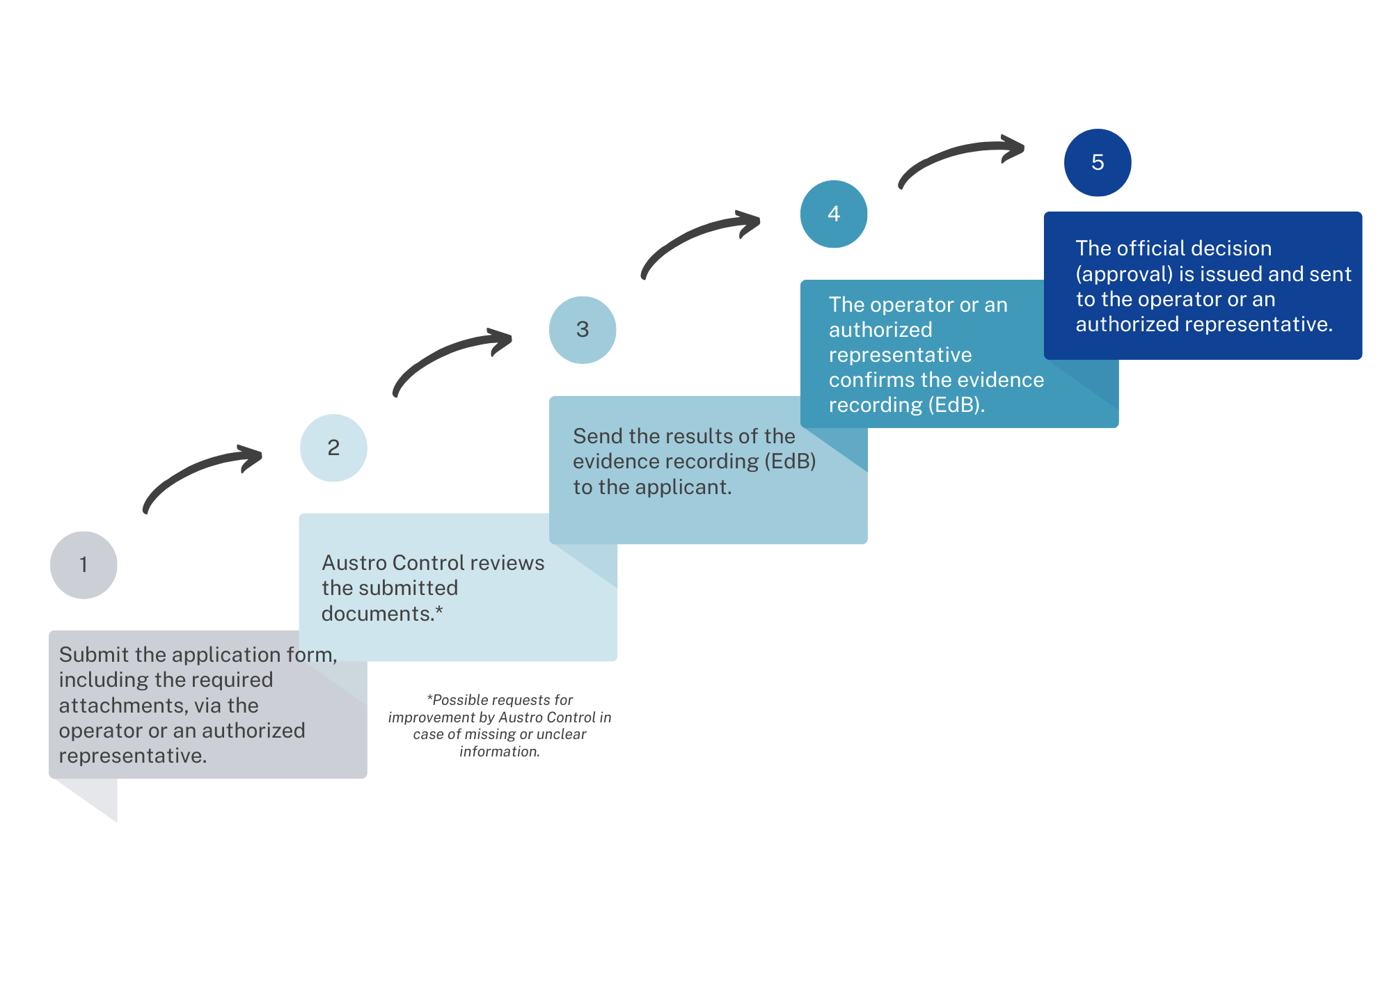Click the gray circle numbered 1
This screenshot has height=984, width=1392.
click(x=84, y=565)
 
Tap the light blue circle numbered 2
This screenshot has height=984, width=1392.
click(x=333, y=447)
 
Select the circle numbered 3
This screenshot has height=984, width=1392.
click(x=583, y=330)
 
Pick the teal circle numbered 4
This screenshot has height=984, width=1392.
click(x=834, y=214)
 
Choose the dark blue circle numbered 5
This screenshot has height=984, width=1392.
click(x=1098, y=162)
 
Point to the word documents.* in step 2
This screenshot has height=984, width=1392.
click(x=382, y=614)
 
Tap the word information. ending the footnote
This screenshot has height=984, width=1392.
click(x=500, y=752)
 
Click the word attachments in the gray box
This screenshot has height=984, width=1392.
click(x=123, y=706)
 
